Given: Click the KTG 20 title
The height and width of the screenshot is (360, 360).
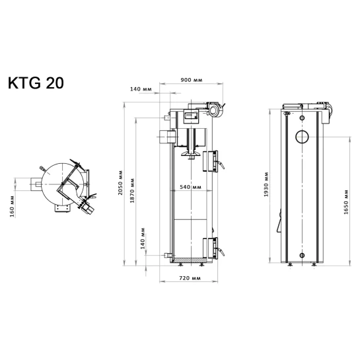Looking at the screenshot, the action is point(36,83).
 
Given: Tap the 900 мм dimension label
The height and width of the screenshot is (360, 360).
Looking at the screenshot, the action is point(192,80).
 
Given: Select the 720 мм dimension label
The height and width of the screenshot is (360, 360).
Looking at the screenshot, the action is point(190,278).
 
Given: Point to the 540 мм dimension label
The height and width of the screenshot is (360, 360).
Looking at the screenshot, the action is point(190,187).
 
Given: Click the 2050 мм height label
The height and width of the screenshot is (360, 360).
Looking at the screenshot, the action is point(120,183).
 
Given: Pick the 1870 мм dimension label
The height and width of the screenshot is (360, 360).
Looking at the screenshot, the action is point(132,190).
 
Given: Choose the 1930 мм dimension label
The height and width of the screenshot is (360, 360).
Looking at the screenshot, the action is point(266,184).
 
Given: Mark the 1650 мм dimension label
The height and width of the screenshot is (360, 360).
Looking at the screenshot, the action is point(346,202).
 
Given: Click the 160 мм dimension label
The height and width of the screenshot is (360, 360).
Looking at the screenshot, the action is point(12,206).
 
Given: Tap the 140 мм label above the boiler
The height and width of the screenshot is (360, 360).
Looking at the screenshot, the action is point(141,89).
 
